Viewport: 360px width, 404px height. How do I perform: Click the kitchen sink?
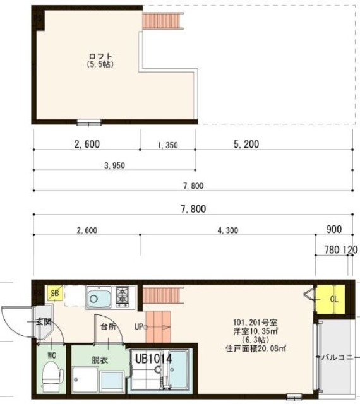(x=99, y=297)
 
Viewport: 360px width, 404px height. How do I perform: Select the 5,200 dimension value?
(x=246, y=145)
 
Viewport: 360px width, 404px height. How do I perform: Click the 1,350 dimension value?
(x=167, y=145)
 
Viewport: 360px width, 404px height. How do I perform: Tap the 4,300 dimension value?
(x=227, y=230)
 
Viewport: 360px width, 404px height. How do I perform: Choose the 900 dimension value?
(x=335, y=229)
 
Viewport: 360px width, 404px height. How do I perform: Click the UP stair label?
(x=138, y=327)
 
